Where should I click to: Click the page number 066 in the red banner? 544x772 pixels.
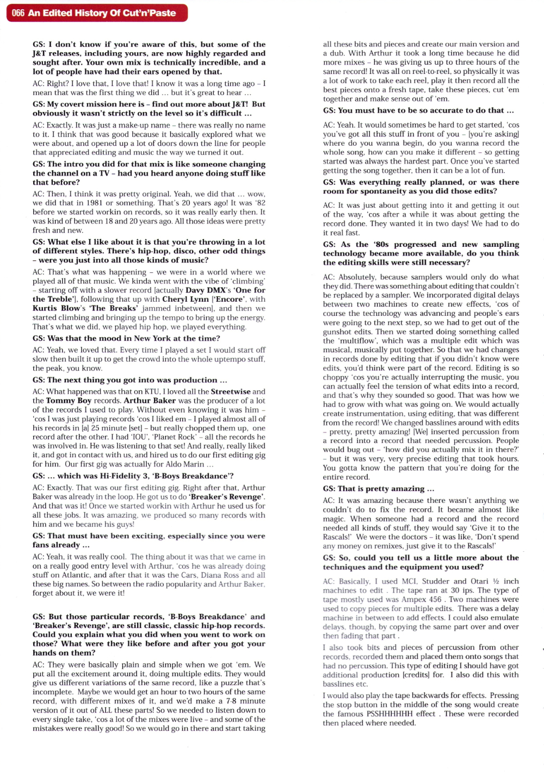[x=18, y=13]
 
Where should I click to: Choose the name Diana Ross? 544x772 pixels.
[x=220, y=575]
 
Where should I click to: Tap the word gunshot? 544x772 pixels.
[x=338, y=331]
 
